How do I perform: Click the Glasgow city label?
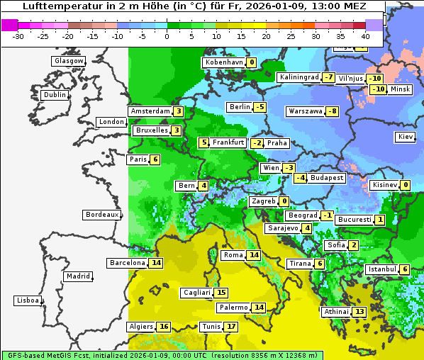coord(69,61)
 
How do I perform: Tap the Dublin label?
coord(55,95)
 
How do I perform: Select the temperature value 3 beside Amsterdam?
coord(179,111)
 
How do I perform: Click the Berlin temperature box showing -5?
coord(260,107)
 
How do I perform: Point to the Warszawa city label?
coord(305,111)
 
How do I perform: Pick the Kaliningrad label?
coord(299,77)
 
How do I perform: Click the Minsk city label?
coord(401,89)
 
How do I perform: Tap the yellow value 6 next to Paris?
coord(155,159)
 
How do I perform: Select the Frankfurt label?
coord(228,142)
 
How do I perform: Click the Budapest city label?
coord(326,178)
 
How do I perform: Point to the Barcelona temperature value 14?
coord(157,263)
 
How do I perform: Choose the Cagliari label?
coord(196,293)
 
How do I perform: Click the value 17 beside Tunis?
coord(231,327)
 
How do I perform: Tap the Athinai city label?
coord(336,312)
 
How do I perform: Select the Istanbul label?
coord(382,269)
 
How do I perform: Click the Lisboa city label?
coord(27,300)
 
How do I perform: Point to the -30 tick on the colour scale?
coord(18,36)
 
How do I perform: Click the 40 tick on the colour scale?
coord(365,36)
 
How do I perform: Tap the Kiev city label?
coord(406,137)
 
